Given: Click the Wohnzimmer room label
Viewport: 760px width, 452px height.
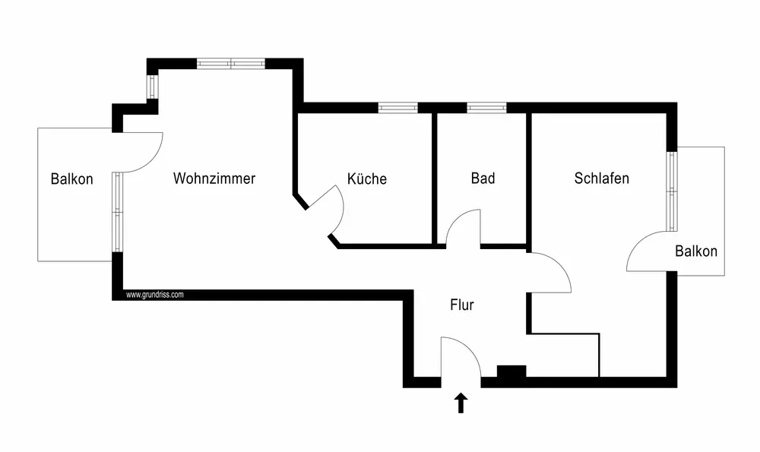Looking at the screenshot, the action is (214, 179).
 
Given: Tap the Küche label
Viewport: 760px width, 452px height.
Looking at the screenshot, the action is (367, 179).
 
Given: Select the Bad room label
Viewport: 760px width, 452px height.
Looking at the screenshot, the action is (483, 179).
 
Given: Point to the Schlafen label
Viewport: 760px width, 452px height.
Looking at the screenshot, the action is (602, 179).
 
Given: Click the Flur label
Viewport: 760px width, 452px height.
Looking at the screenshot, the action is (462, 305).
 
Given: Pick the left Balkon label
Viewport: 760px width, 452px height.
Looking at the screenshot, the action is (72, 179).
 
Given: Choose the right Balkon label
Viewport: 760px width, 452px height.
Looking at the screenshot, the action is (696, 251).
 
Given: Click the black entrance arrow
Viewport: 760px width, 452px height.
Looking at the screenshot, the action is (461, 402).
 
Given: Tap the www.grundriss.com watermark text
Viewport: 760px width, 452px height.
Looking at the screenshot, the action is (154, 295).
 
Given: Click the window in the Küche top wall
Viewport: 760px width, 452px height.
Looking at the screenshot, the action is (398, 107).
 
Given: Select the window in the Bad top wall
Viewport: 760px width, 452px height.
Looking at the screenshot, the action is (486, 107).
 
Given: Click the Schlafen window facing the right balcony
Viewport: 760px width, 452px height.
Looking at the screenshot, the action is (671, 191).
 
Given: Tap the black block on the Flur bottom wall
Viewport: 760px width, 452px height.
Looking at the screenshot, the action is (511, 371).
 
